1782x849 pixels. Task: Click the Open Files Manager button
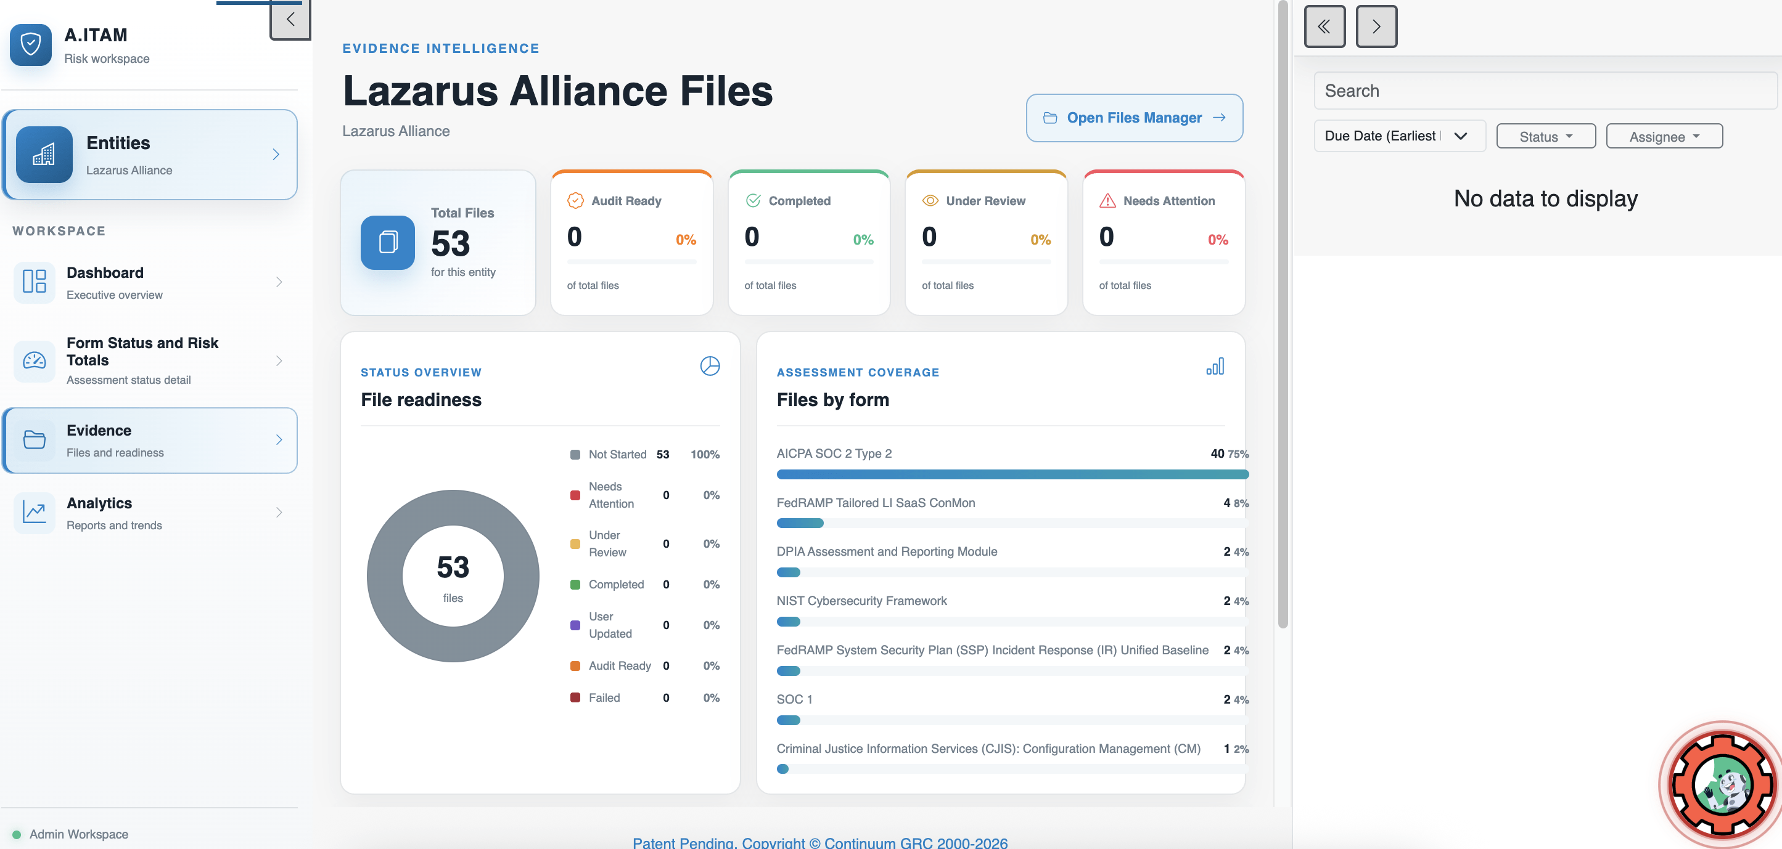tap(1134, 118)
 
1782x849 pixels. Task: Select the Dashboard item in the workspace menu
tap(149, 282)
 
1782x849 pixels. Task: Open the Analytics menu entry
tap(149, 513)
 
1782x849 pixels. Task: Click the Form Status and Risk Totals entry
tap(149, 360)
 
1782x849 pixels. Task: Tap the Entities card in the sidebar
tap(149, 155)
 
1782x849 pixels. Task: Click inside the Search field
tap(1545, 91)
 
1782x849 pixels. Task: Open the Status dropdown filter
tap(1545, 136)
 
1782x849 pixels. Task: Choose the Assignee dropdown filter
tap(1664, 136)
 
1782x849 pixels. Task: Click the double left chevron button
tap(1324, 26)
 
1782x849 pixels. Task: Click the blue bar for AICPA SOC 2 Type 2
tap(1012, 474)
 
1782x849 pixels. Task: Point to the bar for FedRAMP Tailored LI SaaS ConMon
tap(800, 523)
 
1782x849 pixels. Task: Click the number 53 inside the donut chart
tap(453, 567)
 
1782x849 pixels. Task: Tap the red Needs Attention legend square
tap(575, 495)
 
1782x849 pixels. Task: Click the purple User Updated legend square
tap(575, 625)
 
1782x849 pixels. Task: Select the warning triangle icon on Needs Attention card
tap(1107, 200)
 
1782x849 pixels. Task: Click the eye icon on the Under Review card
tap(930, 200)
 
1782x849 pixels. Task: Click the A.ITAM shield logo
tap(30, 45)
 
